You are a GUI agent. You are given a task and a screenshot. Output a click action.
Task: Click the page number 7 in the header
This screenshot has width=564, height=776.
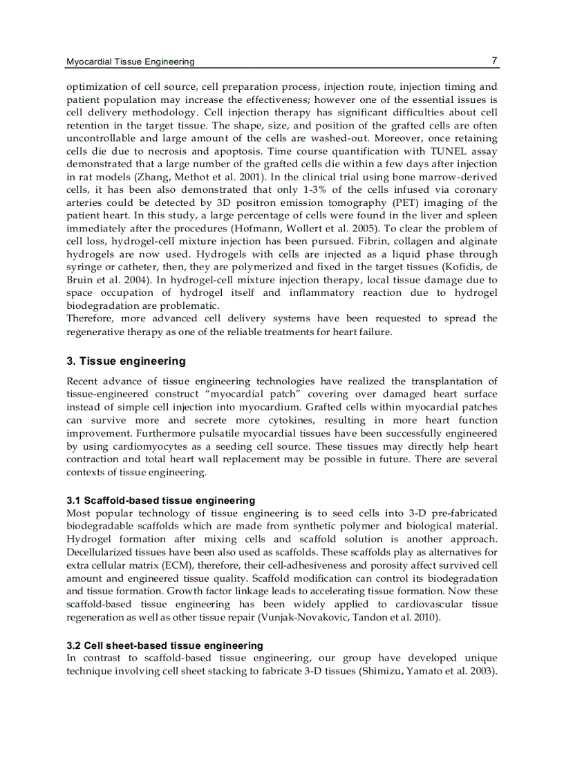(x=493, y=61)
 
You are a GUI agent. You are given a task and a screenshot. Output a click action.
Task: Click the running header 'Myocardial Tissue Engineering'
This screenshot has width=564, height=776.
(x=130, y=61)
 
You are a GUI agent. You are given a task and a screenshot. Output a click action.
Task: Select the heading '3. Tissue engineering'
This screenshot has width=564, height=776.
(x=126, y=361)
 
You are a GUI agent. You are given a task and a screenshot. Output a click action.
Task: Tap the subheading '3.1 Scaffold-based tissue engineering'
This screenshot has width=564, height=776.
(x=160, y=500)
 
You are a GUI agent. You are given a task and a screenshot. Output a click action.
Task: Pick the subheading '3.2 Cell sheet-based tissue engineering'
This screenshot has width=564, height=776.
(x=164, y=645)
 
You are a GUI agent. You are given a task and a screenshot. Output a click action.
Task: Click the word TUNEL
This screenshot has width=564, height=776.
(x=449, y=151)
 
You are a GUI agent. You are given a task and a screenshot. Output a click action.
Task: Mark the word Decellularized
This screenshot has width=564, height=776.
(x=98, y=552)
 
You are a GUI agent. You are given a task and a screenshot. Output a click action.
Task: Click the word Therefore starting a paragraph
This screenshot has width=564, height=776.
(x=88, y=319)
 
